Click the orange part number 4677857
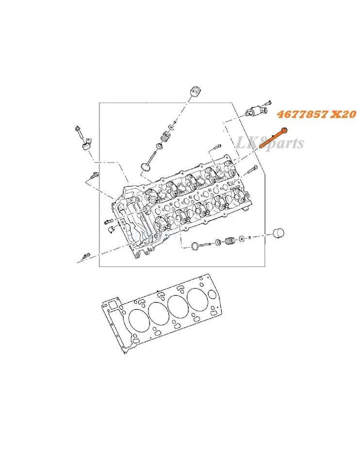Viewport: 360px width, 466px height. click(x=300, y=115)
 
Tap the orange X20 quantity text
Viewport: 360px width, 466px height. click(x=343, y=115)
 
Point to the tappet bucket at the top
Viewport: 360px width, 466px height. click(x=196, y=91)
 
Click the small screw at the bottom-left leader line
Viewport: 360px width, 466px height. click(x=86, y=255)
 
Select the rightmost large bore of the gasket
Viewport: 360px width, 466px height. click(x=197, y=300)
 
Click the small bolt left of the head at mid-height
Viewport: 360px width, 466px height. click(x=108, y=222)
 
